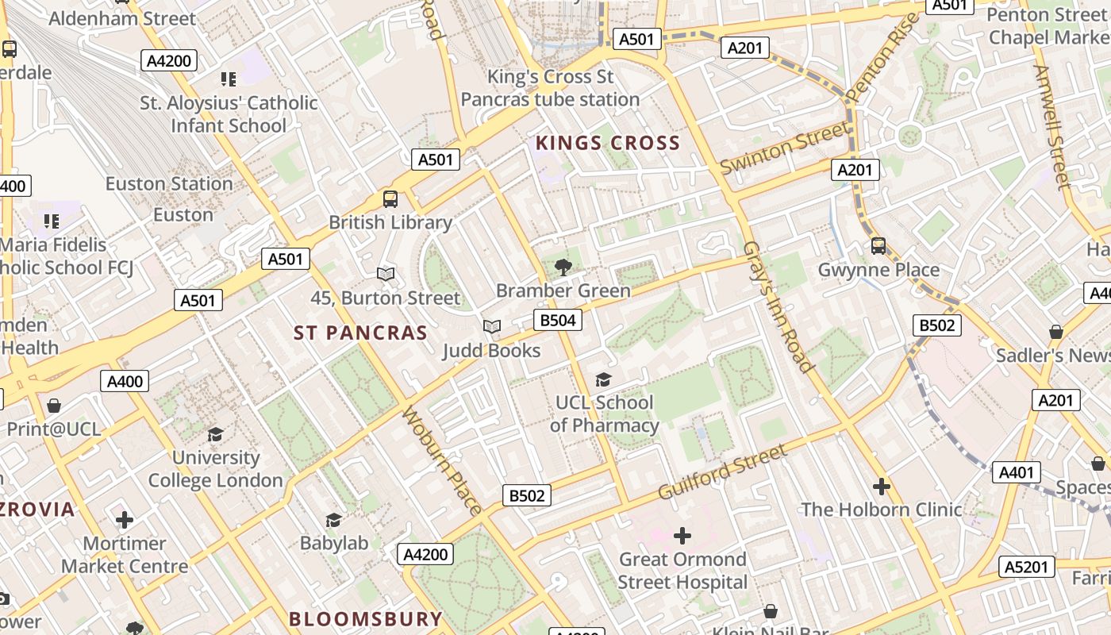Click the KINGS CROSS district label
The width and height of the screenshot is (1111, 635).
click(x=608, y=143)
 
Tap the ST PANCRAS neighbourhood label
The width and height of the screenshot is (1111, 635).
click(x=361, y=333)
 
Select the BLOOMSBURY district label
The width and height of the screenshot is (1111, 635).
click(x=366, y=619)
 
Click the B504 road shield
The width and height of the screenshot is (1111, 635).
click(x=557, y=320)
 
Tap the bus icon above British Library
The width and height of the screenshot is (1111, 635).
click(x=390, y=199)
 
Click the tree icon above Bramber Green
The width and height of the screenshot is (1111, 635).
click(x=563, y=267)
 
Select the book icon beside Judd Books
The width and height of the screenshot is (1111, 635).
click(x=492, y=326)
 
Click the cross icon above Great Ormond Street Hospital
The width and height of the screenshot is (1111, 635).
click(x=682, y=536)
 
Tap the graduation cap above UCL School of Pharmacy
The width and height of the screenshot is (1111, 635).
click(x=604, y=380)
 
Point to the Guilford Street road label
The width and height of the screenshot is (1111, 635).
click(x=722, y=473)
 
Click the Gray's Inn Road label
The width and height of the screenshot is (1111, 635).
click(x=778, y=307)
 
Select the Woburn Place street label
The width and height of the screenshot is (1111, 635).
click(x=443, y=461)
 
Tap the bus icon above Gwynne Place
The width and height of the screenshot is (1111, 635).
click(x=878, y=246)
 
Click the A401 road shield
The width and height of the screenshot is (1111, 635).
click(x=1016, y=473)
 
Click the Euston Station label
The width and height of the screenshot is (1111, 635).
click(x=169, y=184)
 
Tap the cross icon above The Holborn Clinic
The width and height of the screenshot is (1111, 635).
click(x=881, y=487)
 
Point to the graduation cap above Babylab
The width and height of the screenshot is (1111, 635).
click(x=334, y=520)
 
